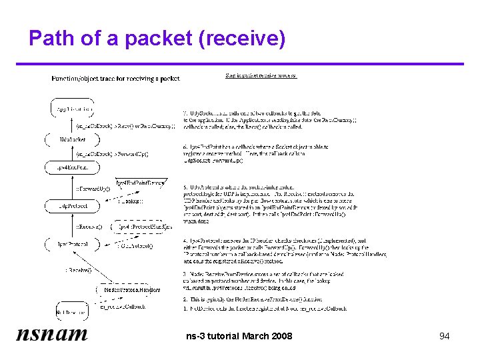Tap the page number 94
[444, 336]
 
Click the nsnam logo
[51, 335]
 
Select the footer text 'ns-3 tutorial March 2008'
[239, 336]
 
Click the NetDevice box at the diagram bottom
[71, 311]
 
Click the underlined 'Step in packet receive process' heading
[261, 75]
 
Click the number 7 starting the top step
[184, 111]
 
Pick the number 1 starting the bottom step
[184, 308]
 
